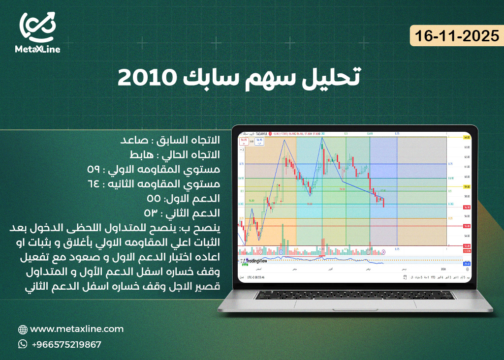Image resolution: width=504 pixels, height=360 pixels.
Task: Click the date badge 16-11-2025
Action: coord(457,36)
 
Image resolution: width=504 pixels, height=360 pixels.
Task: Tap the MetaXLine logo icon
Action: coord(37,27)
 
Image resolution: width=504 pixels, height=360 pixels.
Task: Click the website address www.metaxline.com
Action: coord(77,329)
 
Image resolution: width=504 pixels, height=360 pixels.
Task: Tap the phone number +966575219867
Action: coord(66,344)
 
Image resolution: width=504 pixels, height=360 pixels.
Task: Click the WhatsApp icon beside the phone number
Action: coord(23,344)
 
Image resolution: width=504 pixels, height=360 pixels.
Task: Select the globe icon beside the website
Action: coord(23,329)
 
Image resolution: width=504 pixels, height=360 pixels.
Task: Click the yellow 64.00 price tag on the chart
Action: coord(467,137)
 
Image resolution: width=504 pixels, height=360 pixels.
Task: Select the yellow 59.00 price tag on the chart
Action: coord(467,187)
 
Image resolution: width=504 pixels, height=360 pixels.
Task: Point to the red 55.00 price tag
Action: coord(467,226)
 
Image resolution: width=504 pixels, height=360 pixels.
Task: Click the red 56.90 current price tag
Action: coord(467,207)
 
